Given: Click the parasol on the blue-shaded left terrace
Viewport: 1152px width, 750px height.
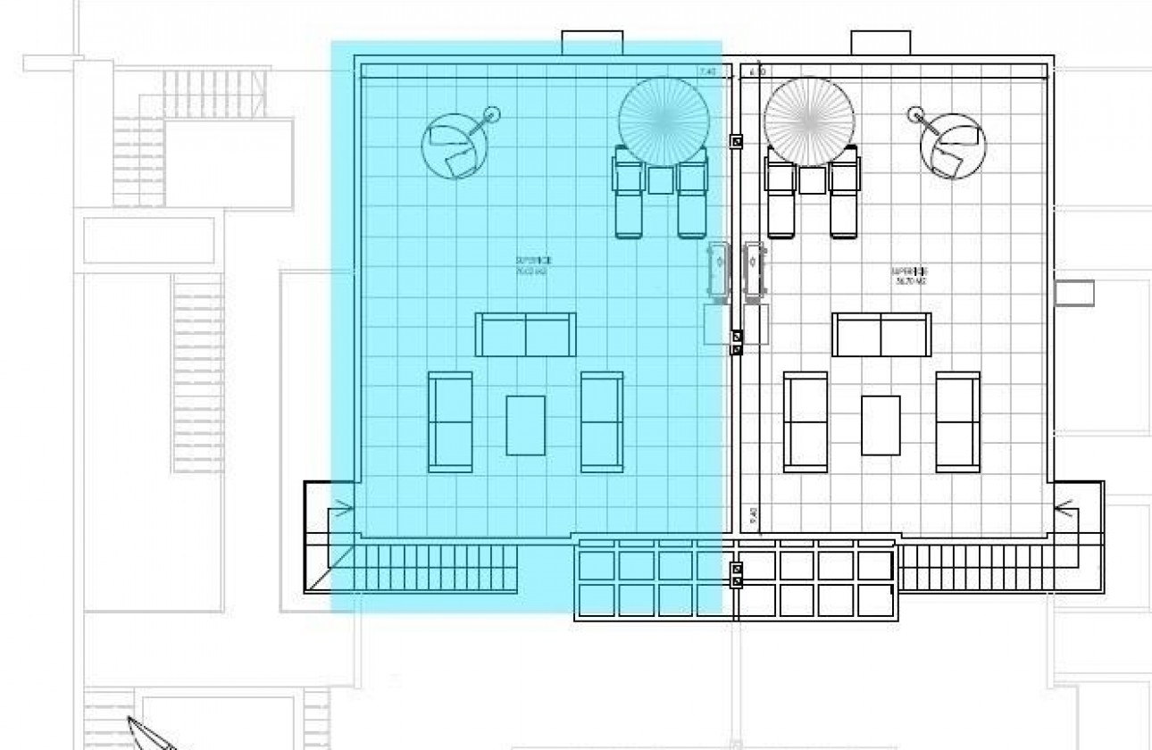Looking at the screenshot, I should click(664, 120).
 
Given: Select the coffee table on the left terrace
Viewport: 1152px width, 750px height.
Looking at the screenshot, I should click(526, 425).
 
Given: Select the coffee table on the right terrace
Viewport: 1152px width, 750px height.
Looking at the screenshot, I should click(881, 425).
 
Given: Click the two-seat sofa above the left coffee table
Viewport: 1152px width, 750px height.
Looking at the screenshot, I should click(526, 335).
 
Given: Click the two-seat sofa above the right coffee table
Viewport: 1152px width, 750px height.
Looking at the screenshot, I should click(881, 335).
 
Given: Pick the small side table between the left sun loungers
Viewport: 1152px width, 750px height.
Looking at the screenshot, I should click(661, 180).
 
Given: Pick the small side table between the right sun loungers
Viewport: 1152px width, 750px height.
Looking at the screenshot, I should click(812, 180).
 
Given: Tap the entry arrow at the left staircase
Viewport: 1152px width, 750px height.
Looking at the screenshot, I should click(343, 511).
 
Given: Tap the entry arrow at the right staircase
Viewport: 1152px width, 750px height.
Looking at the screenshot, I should click(1066, 511).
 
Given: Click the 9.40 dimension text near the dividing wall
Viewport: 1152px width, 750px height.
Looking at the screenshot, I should click(753, 516).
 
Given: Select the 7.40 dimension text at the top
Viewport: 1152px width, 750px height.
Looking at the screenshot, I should click(707, 71).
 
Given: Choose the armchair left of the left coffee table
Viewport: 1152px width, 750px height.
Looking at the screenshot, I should click(450, 421).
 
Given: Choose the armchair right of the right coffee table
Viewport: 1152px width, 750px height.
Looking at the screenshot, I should click(957, 421).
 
